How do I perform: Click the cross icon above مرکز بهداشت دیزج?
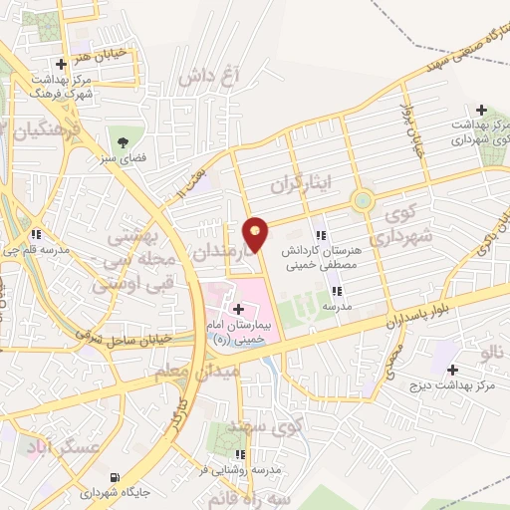pyautogui.click(x=453, y=370)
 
